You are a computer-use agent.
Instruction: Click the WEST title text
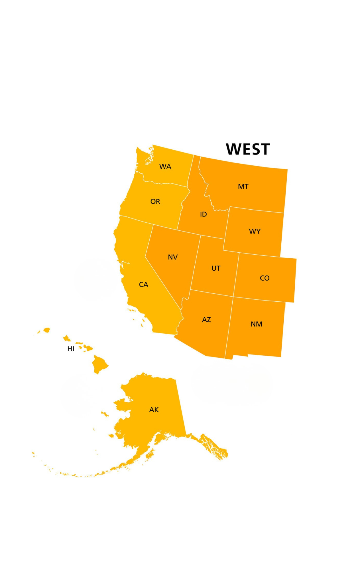[x=247, y=149]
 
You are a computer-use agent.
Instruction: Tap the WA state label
[x=165, y=167]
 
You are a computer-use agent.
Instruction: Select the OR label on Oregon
[x=155, y=202]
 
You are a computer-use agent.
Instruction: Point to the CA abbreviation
[x=143, y=285]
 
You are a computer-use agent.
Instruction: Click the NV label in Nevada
[x=173, y=257]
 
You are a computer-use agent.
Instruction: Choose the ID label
[x=203, y=214]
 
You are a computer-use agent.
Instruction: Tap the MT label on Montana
[x=243, y=186]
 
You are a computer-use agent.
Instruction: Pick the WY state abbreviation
[x=255, y=231]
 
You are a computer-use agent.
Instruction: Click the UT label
[x=216, y=268]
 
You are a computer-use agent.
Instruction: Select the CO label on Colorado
[x=265, y=278]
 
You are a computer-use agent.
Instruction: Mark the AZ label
[x=206, y=320]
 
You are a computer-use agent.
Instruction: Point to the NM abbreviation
[x=256, y=324]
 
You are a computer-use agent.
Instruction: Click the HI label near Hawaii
[x=71, y=349]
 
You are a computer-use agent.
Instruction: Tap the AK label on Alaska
[x=154, y=410]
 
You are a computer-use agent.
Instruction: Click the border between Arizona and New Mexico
[x=229, y=328]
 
